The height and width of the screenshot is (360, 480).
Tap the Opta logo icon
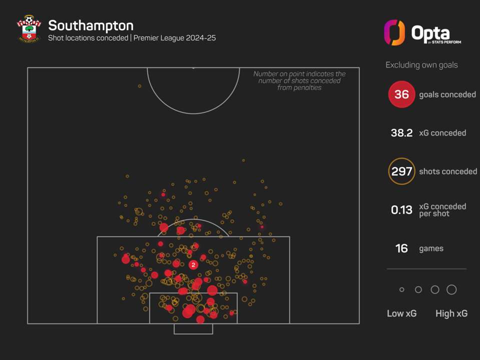point(394,32)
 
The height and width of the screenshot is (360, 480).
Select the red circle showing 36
point(401,94)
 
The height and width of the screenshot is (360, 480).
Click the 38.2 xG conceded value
point(401,133)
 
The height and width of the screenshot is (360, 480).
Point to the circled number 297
point(401,171)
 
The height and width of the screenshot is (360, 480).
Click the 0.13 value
point(401,210)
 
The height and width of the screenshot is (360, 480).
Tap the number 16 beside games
point(401,248)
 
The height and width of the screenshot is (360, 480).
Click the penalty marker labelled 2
point(193,264)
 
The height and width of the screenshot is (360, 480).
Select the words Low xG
point(401,313)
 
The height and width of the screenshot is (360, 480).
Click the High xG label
point(451,313)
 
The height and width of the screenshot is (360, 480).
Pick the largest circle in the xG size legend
point(451,289)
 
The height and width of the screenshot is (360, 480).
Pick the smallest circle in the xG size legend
point(401,289)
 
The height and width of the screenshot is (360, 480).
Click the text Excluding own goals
point(421,65)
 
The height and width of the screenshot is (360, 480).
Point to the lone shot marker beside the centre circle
point(139,86)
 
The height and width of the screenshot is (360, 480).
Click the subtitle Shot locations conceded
point(88,38)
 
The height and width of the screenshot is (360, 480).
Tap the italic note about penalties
point(299,80)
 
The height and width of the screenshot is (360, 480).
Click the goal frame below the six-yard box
point(193,329)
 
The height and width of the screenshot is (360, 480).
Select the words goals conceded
point(447,94)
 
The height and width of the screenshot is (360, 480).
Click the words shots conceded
point(448,171)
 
